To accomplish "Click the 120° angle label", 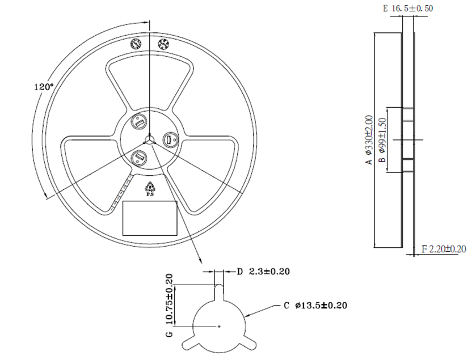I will pos(43,87).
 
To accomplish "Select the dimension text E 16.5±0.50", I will pos(408,8).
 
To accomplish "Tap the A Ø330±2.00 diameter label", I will pos(369,139).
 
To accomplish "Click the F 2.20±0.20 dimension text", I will pos(443,249).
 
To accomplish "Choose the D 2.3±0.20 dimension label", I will pos(263,272).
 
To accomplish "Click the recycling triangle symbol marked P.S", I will pos(150,188).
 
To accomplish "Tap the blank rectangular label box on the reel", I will pos(150,217).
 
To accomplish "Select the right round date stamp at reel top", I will pos(163,44).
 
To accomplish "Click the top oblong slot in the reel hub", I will pos(139,121).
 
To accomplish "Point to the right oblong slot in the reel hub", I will pos(169,139).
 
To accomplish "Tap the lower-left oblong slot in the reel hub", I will pos(138,157).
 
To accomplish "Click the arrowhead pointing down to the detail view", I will pos(200,260).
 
